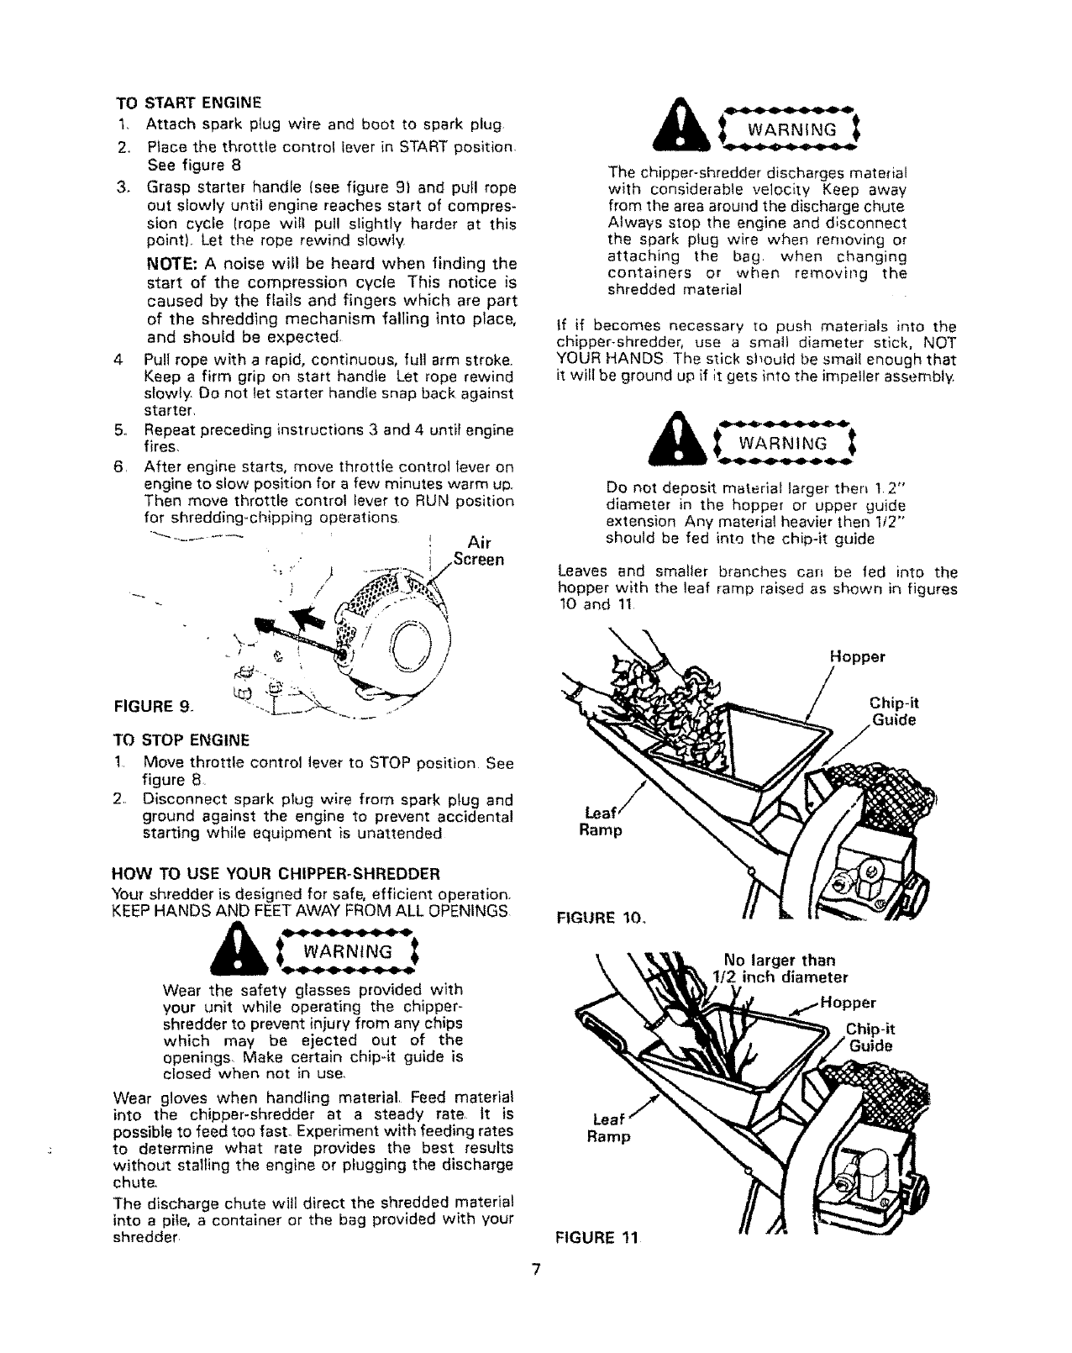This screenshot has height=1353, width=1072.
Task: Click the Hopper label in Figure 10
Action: (856, 657)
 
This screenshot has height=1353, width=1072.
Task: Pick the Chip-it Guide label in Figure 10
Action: (890, 713)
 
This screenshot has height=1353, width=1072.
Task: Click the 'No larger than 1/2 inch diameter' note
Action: (780, 968)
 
